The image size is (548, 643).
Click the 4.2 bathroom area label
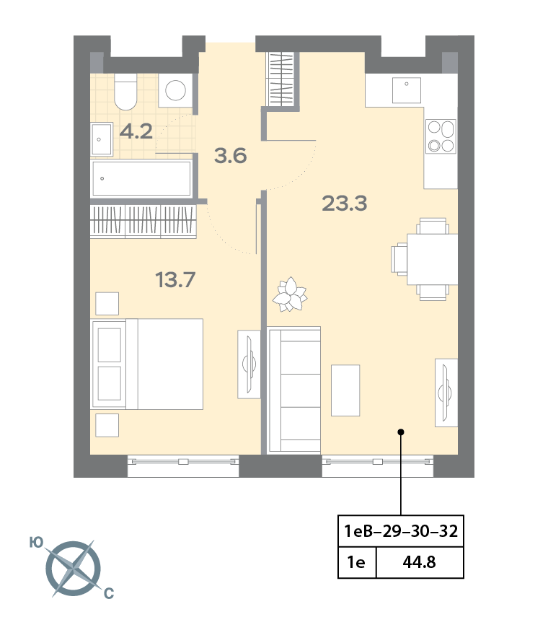136,131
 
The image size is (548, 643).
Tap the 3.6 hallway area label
230,156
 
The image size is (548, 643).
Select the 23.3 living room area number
344,204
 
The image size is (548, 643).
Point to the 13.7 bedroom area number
175,280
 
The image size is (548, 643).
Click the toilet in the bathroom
125,92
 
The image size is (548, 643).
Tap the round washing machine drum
175,90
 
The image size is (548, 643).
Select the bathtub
141,178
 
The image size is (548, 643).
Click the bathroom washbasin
101,139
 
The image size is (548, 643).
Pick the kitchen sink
407,90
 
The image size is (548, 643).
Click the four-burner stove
441,136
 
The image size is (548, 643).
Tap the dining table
432,260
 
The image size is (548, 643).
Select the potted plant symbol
290,294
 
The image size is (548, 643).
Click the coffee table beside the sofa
345,390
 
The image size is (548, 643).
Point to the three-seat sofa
294,390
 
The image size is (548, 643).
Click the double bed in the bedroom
147,364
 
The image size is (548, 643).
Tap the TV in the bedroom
249,364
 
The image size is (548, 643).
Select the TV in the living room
446,393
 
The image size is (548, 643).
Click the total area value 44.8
419,562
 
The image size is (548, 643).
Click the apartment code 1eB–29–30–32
401,531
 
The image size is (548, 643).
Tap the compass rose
74,569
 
